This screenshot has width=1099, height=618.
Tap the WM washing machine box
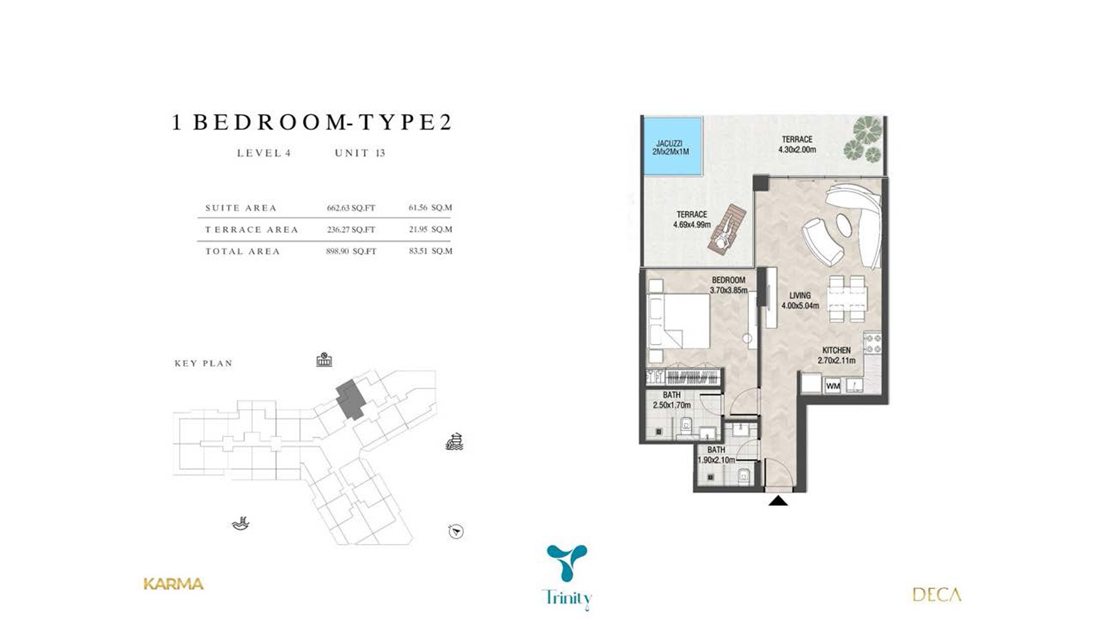pos(833,386)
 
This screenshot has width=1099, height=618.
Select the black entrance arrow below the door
pos(778,501)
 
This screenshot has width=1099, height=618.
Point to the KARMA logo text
pos(173,584)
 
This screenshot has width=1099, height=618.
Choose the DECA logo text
pos(936,594)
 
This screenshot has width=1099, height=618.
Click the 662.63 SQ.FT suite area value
pos(351,208)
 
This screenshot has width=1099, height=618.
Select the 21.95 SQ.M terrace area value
pos(430,229)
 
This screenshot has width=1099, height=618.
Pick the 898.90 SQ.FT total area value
pos(351,251)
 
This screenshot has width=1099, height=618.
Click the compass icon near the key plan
pos(456,531)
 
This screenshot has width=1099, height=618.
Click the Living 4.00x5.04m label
pos(800,301)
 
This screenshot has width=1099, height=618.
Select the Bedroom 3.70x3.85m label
pos(729,285)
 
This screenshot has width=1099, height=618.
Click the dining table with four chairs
pos(847,299)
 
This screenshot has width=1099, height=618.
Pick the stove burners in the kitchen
pos(873,343)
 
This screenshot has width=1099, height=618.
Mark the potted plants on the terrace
pos(866,140)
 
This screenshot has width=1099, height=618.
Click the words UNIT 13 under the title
pos(360,153)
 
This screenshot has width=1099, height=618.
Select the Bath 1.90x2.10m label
pos(716,455)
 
